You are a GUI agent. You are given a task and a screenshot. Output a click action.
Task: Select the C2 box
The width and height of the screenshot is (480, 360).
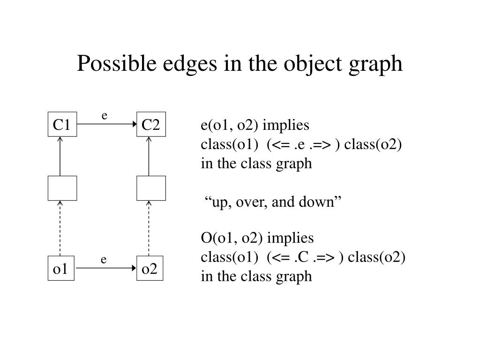tap(151, 124)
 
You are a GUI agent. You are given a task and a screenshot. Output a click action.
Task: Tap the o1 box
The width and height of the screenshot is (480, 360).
tap(61, 269)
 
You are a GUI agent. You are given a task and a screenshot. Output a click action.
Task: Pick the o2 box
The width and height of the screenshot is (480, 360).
tap(150, 269)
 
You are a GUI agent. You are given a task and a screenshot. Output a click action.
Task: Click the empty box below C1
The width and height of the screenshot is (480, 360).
tap(62, 187)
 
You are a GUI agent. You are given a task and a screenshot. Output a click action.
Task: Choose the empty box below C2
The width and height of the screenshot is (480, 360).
tap(151, 187)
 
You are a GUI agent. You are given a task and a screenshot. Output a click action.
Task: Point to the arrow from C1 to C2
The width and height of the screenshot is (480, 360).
tap(106, 124)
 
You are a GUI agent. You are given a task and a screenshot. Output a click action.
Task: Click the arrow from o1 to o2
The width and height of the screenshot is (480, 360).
tap(105, 269)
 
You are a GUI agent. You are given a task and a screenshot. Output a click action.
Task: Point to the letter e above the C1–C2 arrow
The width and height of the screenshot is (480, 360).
tap(105, 115)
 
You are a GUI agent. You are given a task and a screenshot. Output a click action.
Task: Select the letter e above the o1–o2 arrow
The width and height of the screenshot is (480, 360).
tap(104, 259)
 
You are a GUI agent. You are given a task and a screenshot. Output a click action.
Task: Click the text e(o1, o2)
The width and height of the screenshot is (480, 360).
tap(230, 126)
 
